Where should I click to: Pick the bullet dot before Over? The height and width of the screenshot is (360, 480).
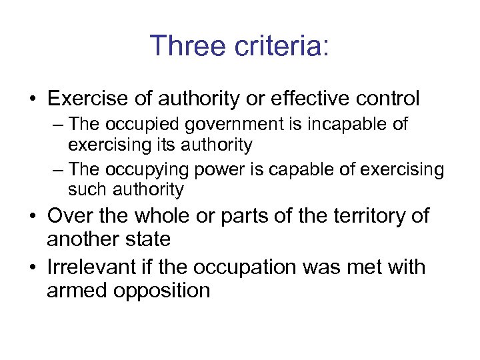click(x=33, y=217)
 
